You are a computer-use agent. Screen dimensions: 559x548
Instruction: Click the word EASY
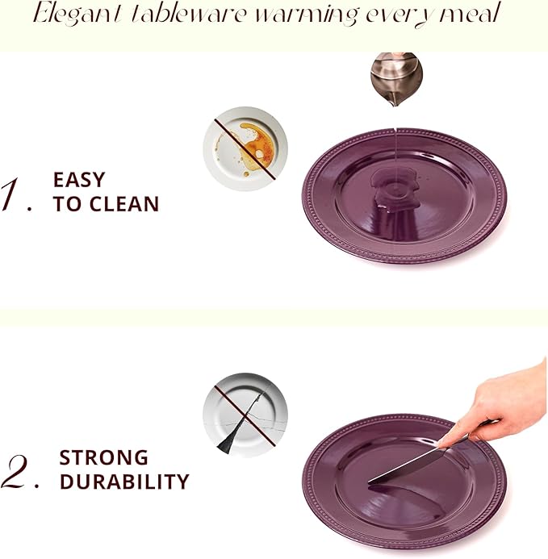coord(79,179)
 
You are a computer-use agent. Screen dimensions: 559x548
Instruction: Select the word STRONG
coord(104,457)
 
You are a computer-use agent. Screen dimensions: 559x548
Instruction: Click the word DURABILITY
coord(124,482)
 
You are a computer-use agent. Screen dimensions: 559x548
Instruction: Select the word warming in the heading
coord(298,15)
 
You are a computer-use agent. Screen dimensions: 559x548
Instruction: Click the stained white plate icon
coord(245,148)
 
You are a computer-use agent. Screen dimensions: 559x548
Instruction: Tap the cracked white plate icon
coord(245,414)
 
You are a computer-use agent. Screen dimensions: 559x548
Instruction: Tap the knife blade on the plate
coord(408,466)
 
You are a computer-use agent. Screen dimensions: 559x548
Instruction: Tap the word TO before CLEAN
coord(68,205)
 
